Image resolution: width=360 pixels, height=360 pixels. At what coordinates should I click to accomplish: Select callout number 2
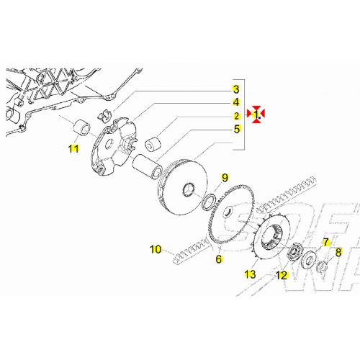(x=235, y=116)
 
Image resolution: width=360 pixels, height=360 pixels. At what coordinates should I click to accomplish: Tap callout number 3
(x=235, y=89)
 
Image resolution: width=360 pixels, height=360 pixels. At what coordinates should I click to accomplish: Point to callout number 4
(x=235, y=103)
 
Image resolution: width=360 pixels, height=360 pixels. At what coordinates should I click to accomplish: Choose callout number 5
(x=235, y=130)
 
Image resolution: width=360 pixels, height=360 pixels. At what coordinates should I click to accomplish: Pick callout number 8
(x=338, y=253)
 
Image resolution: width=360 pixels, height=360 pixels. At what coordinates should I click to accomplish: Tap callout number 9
(x=224, y=178)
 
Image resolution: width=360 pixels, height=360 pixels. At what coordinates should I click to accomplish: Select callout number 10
(x=156, y=250)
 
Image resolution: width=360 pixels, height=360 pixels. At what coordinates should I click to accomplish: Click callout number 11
(x=73, y=148)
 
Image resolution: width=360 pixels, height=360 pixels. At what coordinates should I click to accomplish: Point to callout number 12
(x=282, y=274)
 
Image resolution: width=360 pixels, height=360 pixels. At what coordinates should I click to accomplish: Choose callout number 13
(x=250, y=274)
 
